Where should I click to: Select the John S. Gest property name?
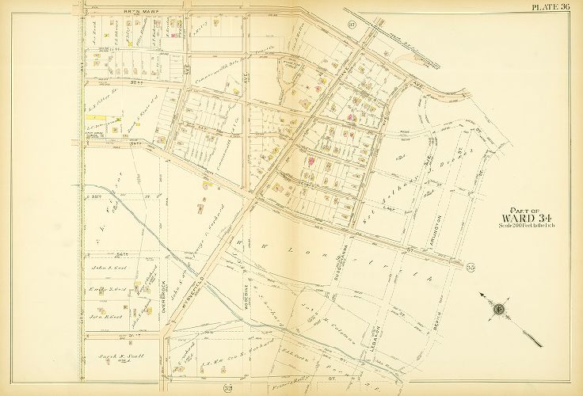pyautogui.click(x=108, y=269)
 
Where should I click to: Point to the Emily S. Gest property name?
pyautogui.click(x=108, y=288)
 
